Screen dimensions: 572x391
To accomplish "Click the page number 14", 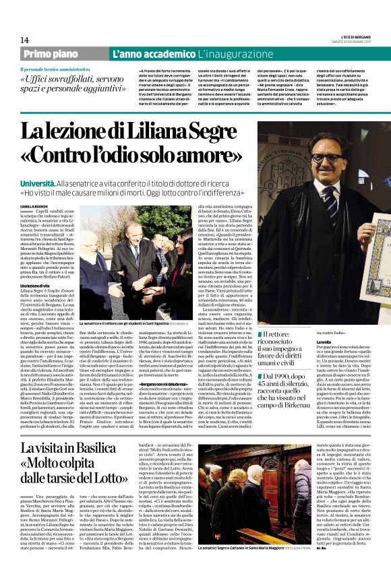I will coord(24,40).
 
